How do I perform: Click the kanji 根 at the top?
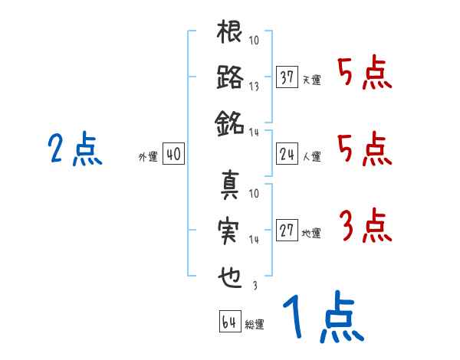pyautogui.click(x=230, y=34)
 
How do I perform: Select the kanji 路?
pyautogui.click(x=230, y=77)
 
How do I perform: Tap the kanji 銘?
pyautogui.click(x=230, y=120)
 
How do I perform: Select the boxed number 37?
pyautogui.click(x=287, y=77)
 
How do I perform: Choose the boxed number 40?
pyautogui.click(x=173, y=155)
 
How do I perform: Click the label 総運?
pyautogui.click(x=255, y=325)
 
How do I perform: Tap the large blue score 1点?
pyautogui.click(x=322, y=318)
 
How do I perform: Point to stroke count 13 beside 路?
pyautogui.click(x=254, y=86)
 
